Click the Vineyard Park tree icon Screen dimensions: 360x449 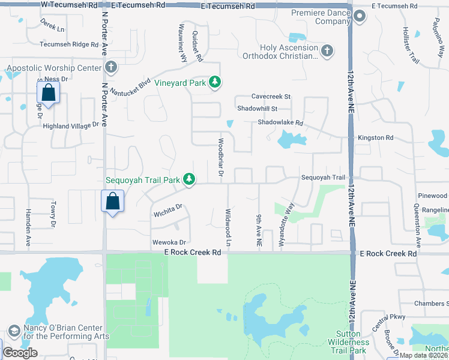click(214, 83)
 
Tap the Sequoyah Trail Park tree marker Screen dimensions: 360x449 click(189, 179)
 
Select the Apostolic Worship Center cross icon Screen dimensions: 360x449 click(110, 68)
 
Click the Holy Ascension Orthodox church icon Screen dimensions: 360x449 click(327, 50)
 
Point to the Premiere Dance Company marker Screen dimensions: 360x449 click(360, 17)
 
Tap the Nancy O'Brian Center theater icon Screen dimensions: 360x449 click(14, 331)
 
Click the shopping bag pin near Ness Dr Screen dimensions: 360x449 click(47, 93)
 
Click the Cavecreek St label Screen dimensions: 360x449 click(271, 96)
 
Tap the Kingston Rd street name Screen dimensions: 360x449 click(375, 137)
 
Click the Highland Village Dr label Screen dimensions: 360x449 click(70, 125)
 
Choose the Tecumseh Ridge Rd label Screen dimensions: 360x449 click(68, 44)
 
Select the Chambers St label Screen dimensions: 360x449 click(428, 304)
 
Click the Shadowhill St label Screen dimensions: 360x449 click(257, 109)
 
